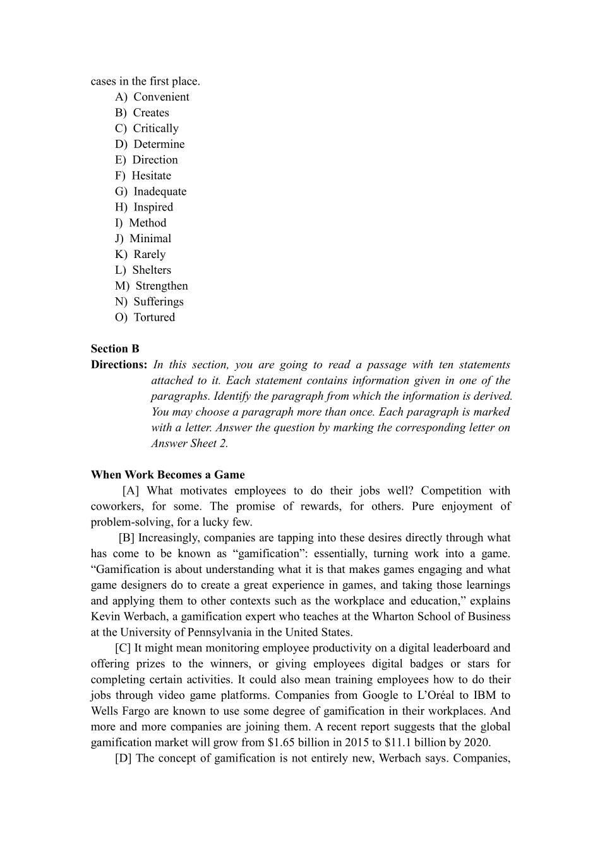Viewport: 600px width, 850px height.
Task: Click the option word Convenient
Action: click(x=161, y=97)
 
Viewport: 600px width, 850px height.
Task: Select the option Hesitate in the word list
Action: click(x=151, y=176)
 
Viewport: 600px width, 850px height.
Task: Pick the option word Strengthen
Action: click(x=162, y=286)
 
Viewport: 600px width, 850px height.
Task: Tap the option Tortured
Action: click(x=154, y=317)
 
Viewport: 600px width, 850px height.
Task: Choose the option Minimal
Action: click(x=150, y=238)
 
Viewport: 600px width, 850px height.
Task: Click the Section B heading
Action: click(x=115, y=348)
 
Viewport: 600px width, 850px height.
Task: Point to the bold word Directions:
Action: click(x=119, y=364)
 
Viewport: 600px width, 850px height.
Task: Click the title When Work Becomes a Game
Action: click(x=167, y=475)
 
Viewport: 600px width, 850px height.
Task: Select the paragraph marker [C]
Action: click(x=123, y=648)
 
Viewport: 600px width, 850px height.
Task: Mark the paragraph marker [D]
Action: click(x=123, y=758)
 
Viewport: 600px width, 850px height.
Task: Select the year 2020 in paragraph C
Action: click(x=476, y=742)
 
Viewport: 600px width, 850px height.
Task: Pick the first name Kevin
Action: click(x=104, y=617)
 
